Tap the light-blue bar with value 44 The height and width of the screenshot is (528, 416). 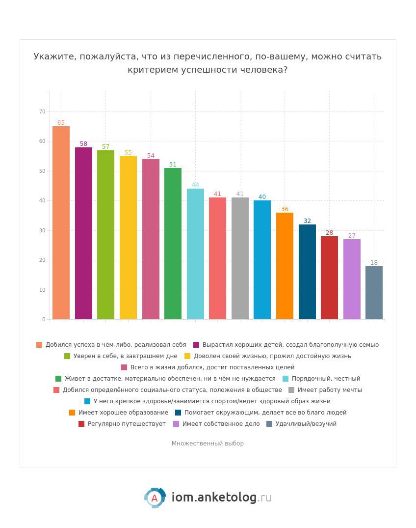click(x=195, y=254)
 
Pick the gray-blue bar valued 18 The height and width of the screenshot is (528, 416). click(x=374, y=293)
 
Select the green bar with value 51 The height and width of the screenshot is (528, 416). click(x=173, y=244)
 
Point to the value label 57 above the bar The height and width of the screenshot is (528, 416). click(x=105, y=147)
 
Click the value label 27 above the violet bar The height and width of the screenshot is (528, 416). click(x=352, y=236)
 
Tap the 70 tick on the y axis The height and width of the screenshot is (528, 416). click(x=42, y=112)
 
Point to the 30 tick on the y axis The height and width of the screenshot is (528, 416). click(x=42, y=230)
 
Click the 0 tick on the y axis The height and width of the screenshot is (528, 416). click(x=44, y=320)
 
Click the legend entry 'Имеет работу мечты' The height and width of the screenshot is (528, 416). click(x=329, y=390)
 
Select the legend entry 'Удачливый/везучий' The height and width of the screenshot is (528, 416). click(x=306, y=424)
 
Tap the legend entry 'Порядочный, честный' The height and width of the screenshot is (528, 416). click(x=326, y=379)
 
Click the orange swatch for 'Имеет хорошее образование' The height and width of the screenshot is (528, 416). click(x=72, y=413)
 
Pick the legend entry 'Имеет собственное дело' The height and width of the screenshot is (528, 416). click(x=221, y=424)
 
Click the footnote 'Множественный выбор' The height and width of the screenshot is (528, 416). click(x=208, y=444)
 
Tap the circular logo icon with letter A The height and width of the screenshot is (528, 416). click(x=155, y=498)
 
